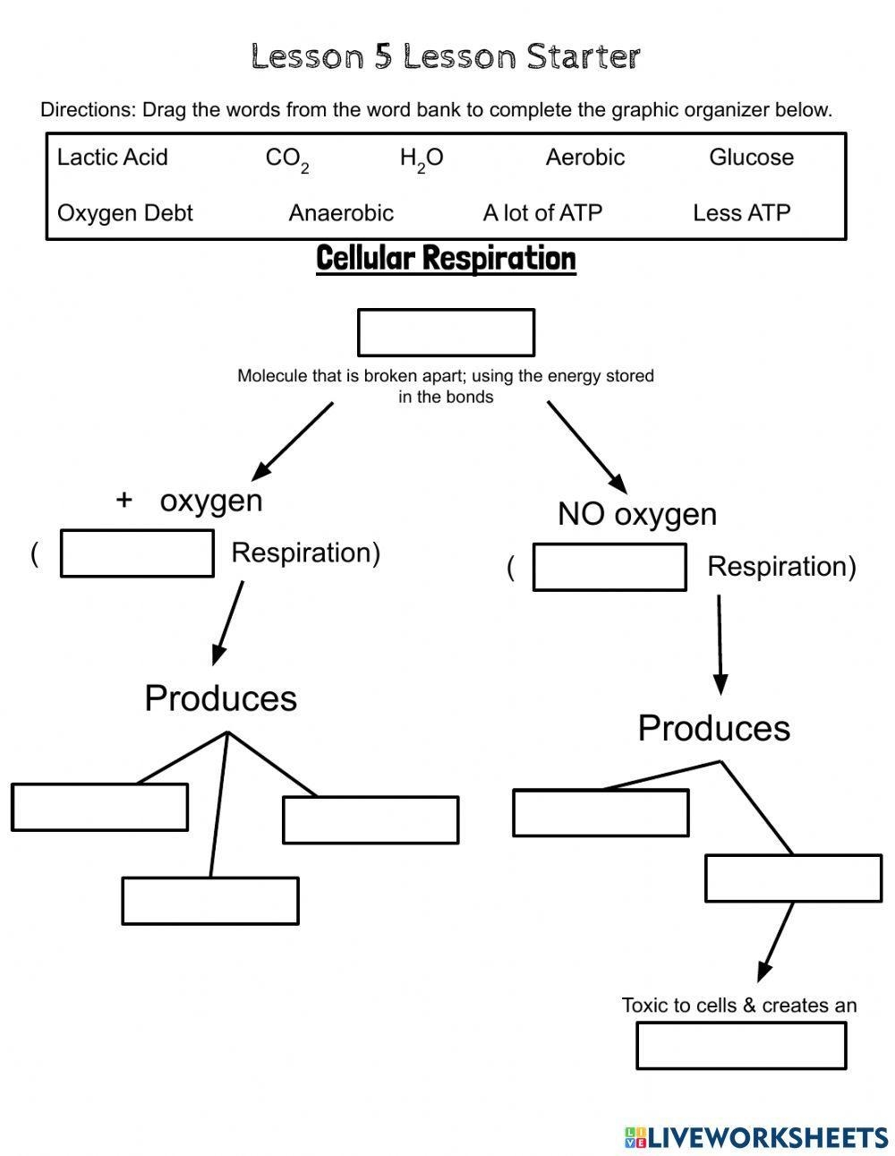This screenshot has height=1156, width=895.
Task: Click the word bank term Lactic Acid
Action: click(112, 158)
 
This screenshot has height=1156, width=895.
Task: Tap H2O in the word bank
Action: click(422, 159)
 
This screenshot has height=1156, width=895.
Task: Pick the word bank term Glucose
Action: click(751, 158)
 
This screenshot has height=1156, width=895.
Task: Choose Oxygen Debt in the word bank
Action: click(124, 213)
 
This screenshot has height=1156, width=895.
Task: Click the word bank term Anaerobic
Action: click(341, 213)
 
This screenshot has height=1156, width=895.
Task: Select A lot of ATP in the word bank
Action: click(542, 213)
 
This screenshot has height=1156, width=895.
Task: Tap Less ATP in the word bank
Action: click(741, 213)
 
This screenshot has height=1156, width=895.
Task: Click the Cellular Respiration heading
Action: click(446, 259)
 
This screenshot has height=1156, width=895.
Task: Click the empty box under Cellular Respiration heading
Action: click(446, 333)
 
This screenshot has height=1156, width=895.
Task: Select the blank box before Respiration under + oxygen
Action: click(137, 553)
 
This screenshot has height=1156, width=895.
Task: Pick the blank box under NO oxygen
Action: click(609, 567)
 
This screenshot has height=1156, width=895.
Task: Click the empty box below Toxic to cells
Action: click(741, 1045)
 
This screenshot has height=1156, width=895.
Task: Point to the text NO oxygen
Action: click(636, 514)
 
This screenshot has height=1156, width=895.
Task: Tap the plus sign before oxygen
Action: click(124, 500)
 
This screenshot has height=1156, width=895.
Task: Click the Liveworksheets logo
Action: click(755, 1137)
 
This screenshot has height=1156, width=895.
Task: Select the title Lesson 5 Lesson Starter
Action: click(446, 57)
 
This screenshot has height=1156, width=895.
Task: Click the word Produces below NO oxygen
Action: click(713, 728)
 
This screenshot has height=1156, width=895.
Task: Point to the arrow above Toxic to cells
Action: click(775, 942)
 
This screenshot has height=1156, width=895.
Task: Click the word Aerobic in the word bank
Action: click(584, 158)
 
